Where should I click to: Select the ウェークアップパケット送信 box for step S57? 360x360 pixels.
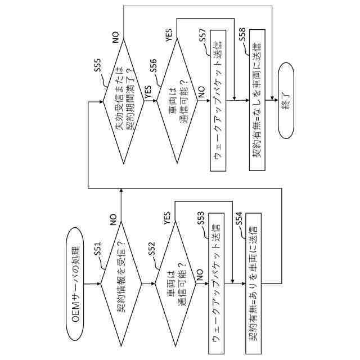tap(216, 100)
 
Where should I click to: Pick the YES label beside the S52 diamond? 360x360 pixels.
tap(168, 217)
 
